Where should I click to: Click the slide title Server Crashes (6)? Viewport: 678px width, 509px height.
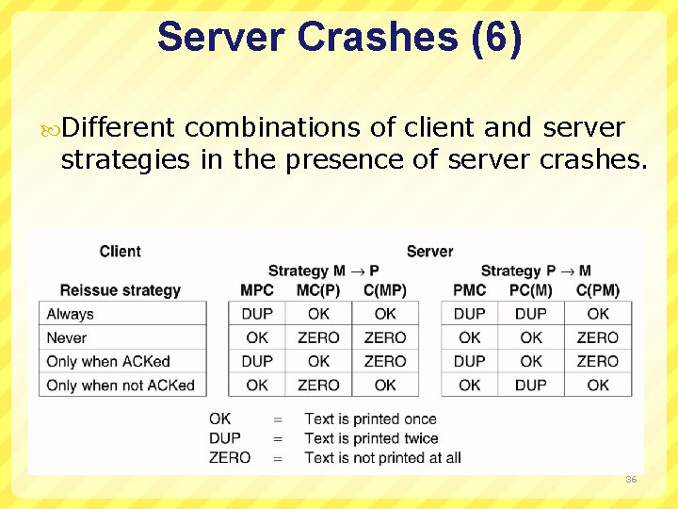pyautogui.click(x=339, y=38)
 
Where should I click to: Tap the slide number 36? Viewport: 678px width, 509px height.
pyautogui.click(x=630, y=480)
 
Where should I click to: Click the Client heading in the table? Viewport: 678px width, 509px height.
pyautogui.click(x=120, y=251)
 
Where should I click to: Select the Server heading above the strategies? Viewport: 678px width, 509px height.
pyautogui.click(x=429, y=251)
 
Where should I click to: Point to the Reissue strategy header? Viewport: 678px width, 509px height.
pyautogui.click(x=120, y=290)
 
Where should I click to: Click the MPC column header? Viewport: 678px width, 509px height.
pyautogui.click(x=257, y=290)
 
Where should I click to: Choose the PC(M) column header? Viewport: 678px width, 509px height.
pyautogui.click(x=531, y=290)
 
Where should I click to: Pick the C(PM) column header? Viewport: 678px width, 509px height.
pyautogui.click(x=598, y=290)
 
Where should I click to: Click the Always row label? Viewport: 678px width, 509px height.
pyautogui.click(x=71, y=314)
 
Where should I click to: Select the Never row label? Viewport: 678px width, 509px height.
pyautogui.click(x=67, y=337)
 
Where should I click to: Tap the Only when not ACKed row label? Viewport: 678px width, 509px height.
pyautogui.click(x=121, y=385)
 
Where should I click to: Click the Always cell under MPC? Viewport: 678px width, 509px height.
pyautogui.click(x=257, y=314)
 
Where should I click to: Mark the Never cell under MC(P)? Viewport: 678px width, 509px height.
pyautogui.click(x=318, y=337)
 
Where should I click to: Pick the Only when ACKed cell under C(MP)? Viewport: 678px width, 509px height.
pyautogui.click(x=385, y=361)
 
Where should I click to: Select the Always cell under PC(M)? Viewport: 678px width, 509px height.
pyautogui.click(x=531, y=314)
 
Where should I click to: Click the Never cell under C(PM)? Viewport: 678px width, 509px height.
pyautogui.click(x=598, y=337)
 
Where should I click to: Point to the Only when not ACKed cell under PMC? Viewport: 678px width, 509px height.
pyautogui.click(x=470, y=385)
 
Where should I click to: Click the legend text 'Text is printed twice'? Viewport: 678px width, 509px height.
pyautogui.click(x=371, y=438)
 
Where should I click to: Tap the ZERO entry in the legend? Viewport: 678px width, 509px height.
pyautogui.click(x=230, y=458)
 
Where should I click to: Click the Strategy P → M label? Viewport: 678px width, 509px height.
pyautogui.click(x=536, y=271)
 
